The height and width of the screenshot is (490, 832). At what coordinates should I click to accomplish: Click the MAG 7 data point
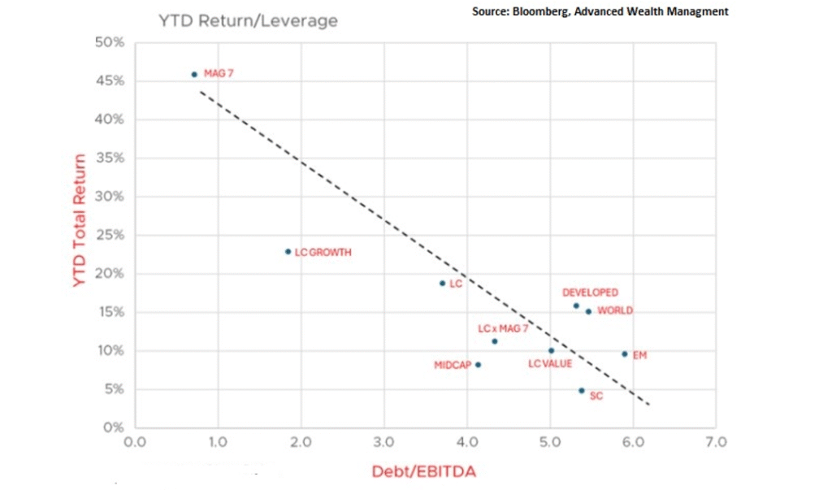point(194,74)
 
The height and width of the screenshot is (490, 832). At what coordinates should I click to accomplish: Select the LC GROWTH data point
point(288,252)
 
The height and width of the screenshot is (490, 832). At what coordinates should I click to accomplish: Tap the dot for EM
point(624,353)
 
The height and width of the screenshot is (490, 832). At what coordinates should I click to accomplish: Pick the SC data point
point(581,391)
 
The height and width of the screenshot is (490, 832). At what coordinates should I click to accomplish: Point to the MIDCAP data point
point(478,365)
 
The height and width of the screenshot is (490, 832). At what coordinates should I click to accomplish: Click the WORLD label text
point(615,310)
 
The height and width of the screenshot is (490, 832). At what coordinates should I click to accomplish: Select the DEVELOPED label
point(590,293)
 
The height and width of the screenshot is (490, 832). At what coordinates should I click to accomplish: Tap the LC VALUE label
point(550,363)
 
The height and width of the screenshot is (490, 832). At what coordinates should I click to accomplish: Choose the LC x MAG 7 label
point(503,329)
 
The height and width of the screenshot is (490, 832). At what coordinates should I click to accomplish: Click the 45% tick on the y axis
point(112,81)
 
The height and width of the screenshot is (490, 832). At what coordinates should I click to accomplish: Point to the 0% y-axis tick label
point(115,427)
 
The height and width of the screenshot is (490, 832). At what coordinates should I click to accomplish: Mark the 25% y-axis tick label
point(112,236)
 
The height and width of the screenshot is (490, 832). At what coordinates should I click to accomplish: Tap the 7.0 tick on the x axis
point(716,443)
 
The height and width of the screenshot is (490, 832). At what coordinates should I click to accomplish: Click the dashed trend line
point(422,244)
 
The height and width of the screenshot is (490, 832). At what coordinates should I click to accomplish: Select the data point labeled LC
point(442,283)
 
